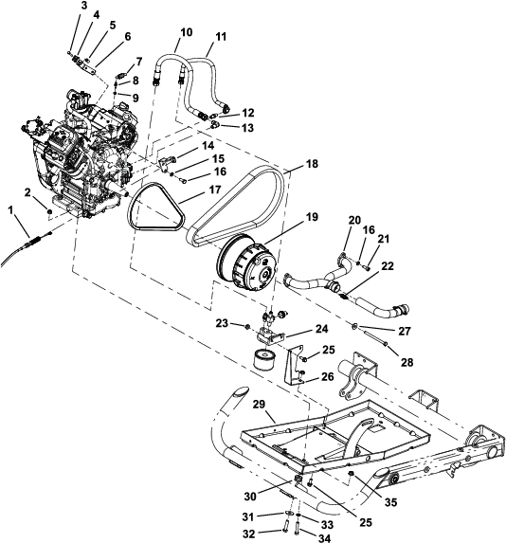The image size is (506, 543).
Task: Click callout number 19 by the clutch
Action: coord(312,217)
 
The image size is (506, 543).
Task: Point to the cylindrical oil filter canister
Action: coord(264,360)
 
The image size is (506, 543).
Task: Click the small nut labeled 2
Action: coord(49,211)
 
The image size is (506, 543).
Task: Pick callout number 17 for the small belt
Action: coord(215,190)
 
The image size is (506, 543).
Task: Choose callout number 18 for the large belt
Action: coord(312,163)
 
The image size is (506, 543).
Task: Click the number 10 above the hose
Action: coord(186,32)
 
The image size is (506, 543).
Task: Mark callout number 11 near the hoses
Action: coord(220,37)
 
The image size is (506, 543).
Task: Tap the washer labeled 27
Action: coord(355,326)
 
